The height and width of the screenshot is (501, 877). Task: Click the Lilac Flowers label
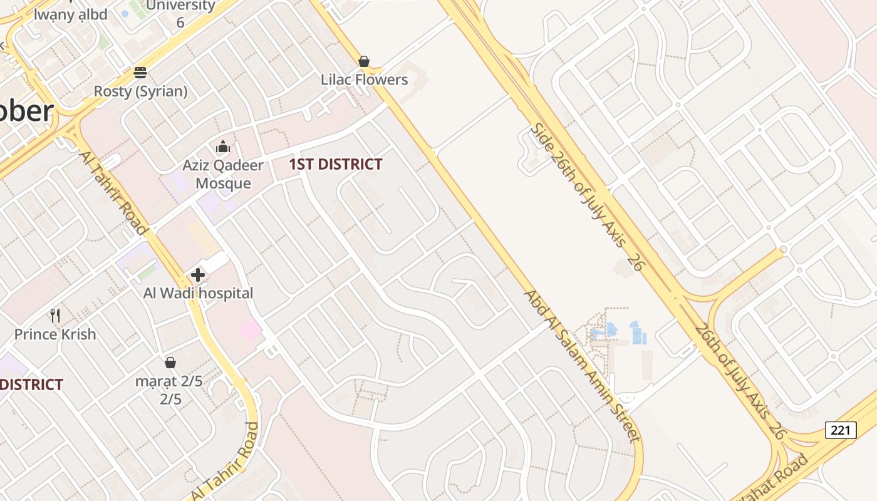(364, 80)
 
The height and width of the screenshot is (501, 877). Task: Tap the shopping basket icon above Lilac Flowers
(364, 61)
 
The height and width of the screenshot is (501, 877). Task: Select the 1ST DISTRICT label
(335, 165)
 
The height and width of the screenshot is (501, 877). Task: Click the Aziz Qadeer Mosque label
(223, 175)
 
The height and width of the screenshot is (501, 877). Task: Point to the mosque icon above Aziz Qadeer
(223, 148)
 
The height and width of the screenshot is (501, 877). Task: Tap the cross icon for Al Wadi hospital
(198, 275)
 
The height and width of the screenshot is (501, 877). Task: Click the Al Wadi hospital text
(198, 293)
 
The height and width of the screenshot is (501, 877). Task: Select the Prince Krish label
(55, 334)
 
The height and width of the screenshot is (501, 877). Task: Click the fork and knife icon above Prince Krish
(55, 316)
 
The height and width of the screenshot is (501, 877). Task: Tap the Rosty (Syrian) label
(140, 91)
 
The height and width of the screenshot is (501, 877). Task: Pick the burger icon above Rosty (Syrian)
(140, 73)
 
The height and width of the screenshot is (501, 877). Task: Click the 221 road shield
(841, 430)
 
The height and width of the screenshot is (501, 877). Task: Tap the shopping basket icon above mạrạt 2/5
(170, 363)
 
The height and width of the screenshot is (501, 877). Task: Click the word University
(180, 6)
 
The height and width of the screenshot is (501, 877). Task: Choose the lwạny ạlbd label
(70, 14)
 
